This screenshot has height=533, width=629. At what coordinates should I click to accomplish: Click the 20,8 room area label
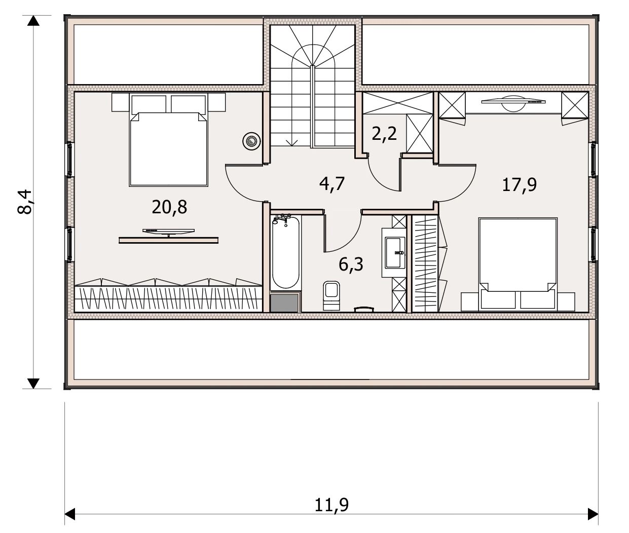coord(169,208)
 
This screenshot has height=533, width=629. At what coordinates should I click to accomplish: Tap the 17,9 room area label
coord(519,185)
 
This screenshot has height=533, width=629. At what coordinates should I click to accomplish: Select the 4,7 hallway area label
coord(331,184)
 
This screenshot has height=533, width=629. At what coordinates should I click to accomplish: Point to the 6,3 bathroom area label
coord(351,264)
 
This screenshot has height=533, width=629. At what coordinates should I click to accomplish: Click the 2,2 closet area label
coord(384,134)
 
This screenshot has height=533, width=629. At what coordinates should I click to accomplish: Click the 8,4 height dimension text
coord(25,202)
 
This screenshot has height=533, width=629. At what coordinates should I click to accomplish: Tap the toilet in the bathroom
coord(331,295)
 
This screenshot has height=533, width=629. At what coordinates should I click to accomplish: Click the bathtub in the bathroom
coord(285,252)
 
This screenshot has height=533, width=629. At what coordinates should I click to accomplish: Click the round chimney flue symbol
coord(251,141)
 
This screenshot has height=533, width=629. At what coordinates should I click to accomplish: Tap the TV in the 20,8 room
coord(168,232)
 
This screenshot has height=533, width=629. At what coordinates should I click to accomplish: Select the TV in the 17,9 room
coord(513,103)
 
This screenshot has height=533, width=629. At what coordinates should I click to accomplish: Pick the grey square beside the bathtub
coord(284,302)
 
